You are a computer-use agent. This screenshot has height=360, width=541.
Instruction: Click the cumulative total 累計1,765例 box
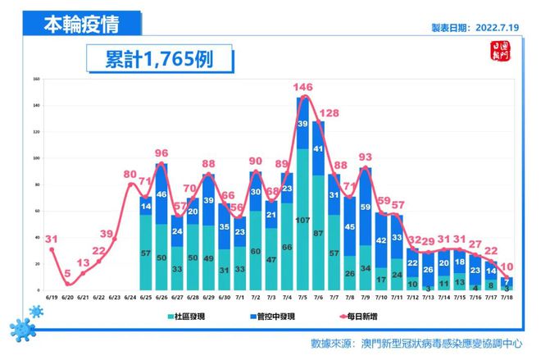pyautogui.click(x=157, y=60)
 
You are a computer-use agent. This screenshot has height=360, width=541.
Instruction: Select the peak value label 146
pyautogui.click(x=304, y=86)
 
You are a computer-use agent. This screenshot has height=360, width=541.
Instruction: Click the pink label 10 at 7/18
pyautogui.click(x=509, y=267)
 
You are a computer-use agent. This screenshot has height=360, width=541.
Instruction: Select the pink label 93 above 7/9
pyautogui.click(x=366, y=157)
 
